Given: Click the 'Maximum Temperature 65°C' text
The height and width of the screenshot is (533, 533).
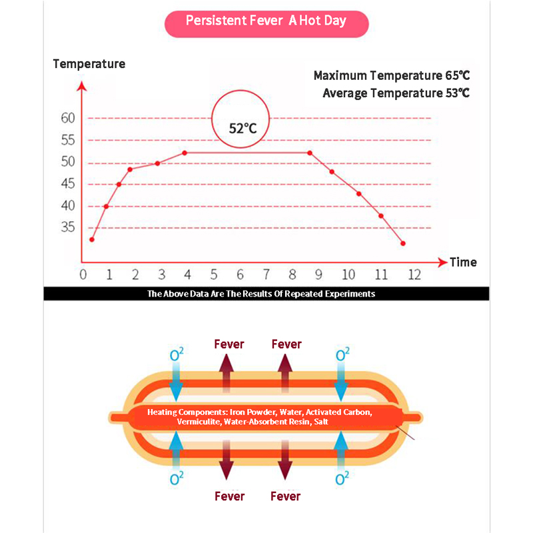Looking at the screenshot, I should pyautogui.click(x=392, y=75).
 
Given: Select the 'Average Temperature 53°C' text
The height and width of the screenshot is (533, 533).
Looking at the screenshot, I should pyautogui.click(x=396, y=93).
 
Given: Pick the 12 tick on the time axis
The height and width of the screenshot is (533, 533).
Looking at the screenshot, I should pyautogui.click(x=414, y=274).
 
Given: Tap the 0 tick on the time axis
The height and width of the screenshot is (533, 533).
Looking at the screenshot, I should pyautogui.click(x=83, y=274).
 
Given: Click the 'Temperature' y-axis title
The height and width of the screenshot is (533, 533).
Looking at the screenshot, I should pyautogui.click(x=89, y=64).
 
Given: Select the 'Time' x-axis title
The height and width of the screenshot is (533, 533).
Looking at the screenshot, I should pyautogui.click(x=463, y=262).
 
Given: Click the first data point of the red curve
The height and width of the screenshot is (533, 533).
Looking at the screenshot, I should pyautogui.click(x=92, y=240).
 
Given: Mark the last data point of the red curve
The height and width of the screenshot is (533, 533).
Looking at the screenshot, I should pyautogui.click(x=403, y=244).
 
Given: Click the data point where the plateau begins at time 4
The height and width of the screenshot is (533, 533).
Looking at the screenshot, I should pyautogui.click(x=185, y=153).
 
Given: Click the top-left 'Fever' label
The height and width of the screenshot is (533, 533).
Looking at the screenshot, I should pyautogui.click(x=229, y=344).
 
